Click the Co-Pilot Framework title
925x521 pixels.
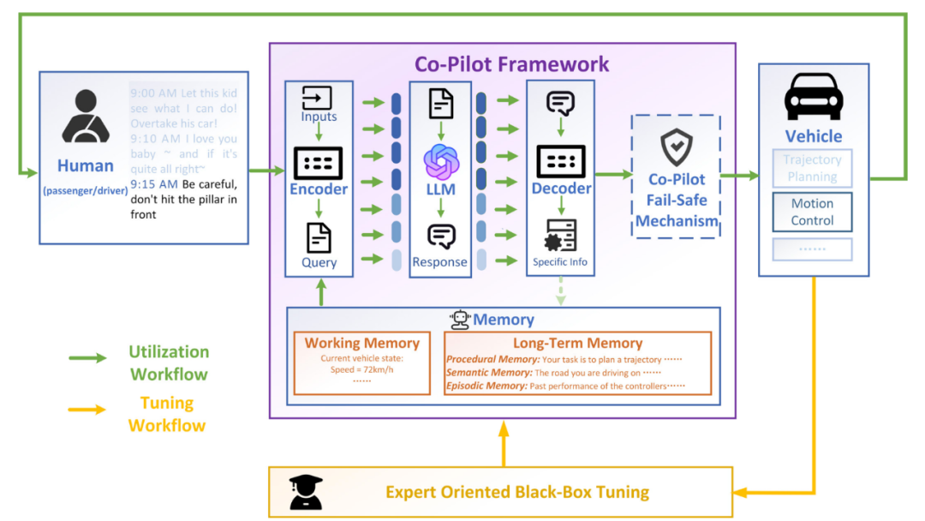click(512, 64)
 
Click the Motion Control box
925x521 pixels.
click(812, 212)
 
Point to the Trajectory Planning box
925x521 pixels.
click(812, 168)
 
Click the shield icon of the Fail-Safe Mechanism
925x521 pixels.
click(677, 147)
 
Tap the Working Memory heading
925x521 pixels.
click(362, 343)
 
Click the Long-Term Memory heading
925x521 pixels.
click(578, 343)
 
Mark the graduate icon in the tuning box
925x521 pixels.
click(306, 493)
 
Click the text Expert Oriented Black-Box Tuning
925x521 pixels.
click(517, 492)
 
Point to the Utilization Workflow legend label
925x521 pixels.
click(169, 362)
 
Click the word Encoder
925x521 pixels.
click(319, 189)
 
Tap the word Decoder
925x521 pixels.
click(561, 189)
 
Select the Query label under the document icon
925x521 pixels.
click(319, 262)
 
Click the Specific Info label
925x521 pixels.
click(561, 262)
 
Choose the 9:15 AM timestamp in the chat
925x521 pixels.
click(154, 183)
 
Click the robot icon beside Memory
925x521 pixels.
click(461, 320)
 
